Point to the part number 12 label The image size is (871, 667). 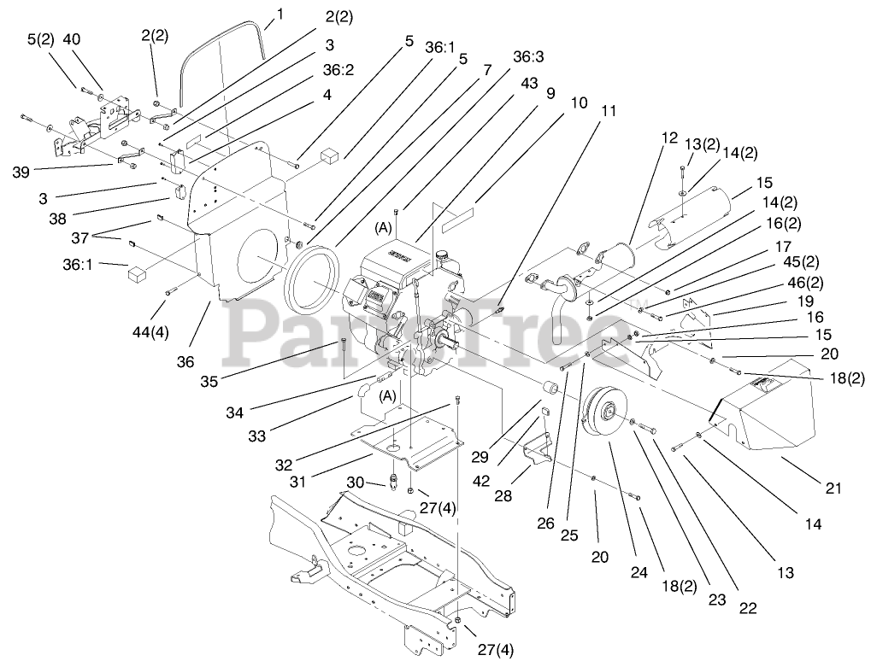click(x=668, y=137)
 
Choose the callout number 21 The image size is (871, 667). click(x=833, y=488)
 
